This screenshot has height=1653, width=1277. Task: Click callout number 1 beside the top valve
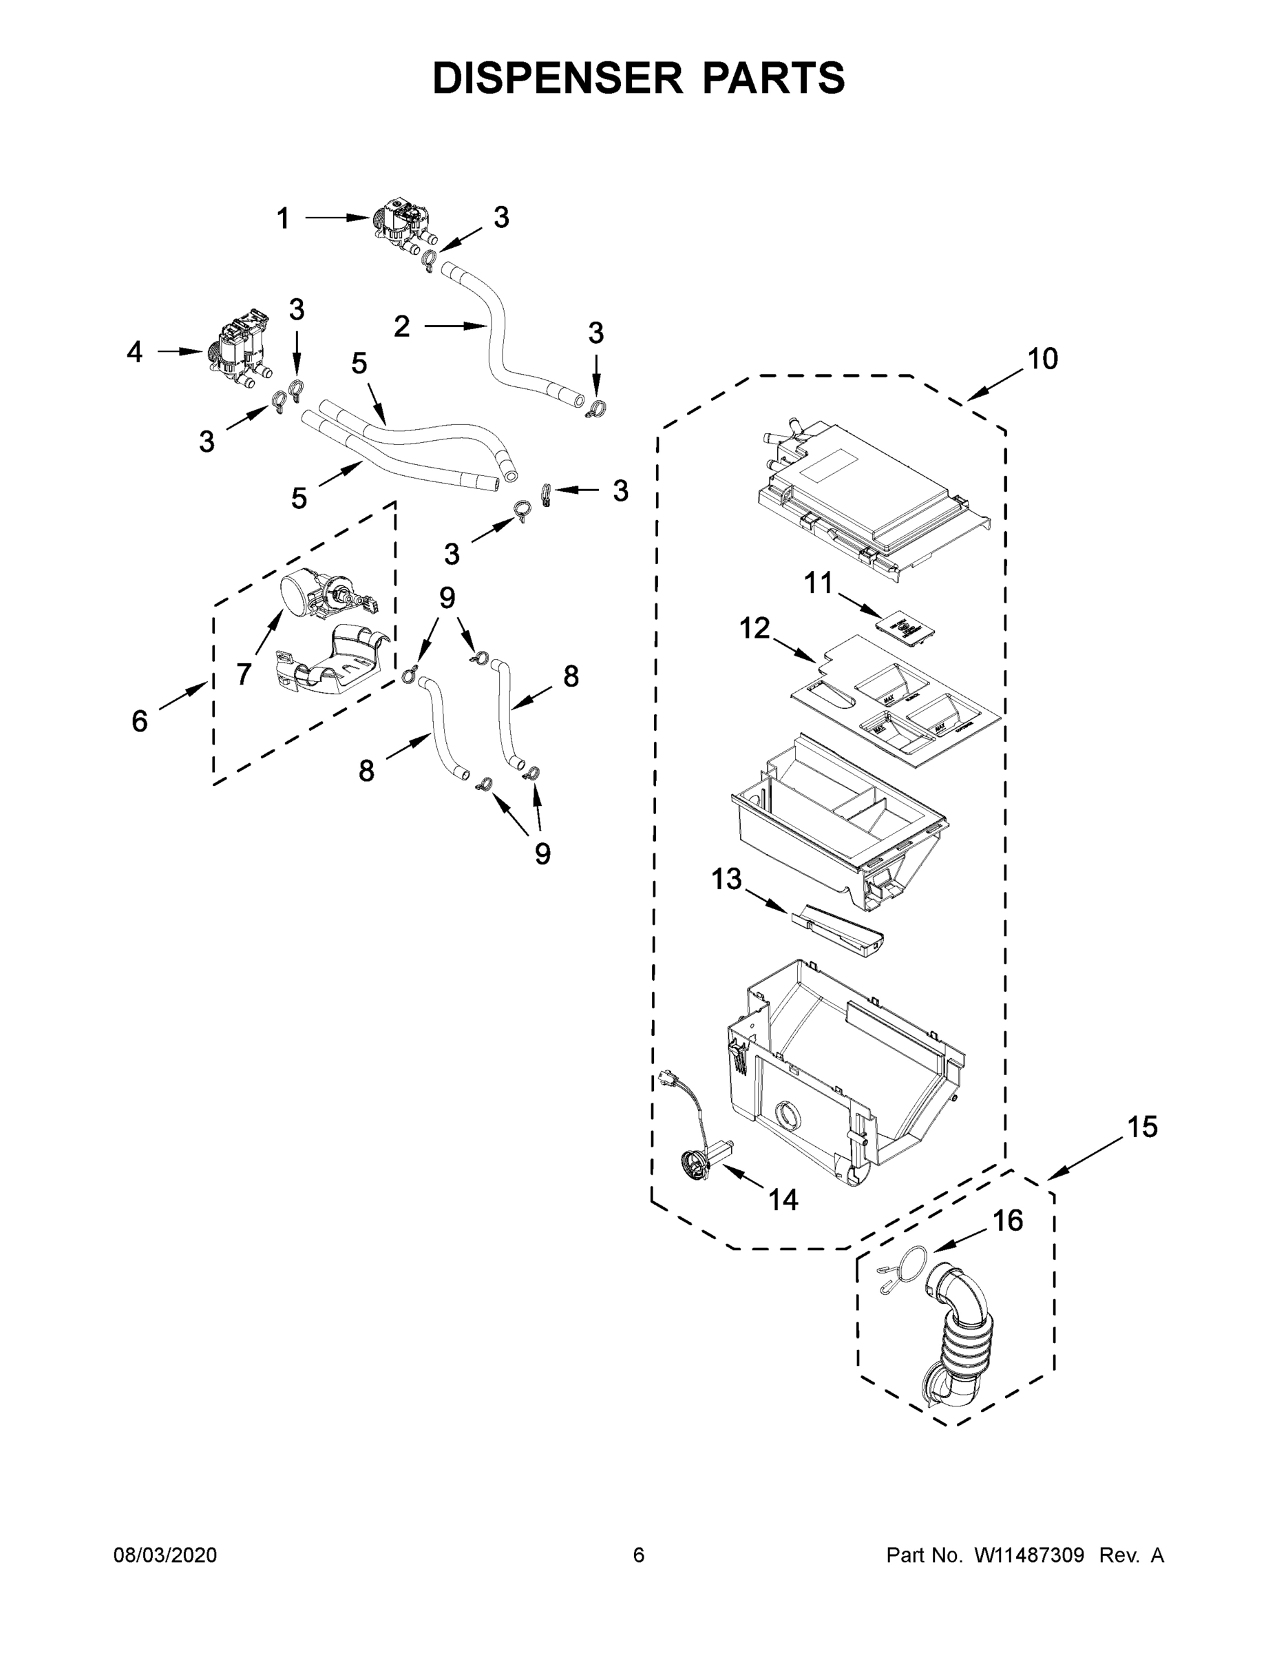(x=282, y=219)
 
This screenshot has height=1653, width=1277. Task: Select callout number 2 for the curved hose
(x=402, y=326)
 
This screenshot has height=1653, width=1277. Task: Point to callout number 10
(x=1042, y=359)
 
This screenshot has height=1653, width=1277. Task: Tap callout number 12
(x=754, y=627)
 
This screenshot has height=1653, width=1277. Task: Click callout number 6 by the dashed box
(x=140, y=721)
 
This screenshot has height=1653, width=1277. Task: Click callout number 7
(x=243, y=673)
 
